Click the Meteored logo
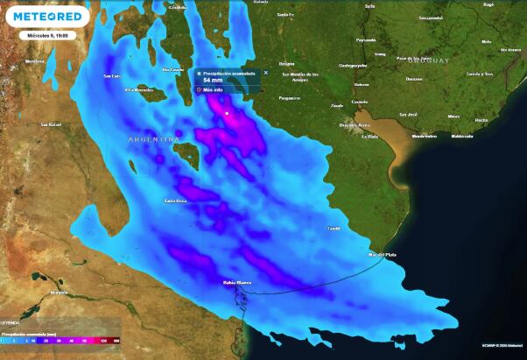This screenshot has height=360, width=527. click(48, 17)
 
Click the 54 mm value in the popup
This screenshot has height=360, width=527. click(214, 80)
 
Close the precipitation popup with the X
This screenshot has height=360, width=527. click(266, 73)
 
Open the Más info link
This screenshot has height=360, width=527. click(213, 89)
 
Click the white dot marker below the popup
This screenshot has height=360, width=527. click(226, 113)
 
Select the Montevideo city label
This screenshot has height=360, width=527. click(424, 136)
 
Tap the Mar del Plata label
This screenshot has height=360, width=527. click(383, 254)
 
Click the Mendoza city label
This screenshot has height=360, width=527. click(34, 61)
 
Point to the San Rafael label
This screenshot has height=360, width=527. click(50, 124)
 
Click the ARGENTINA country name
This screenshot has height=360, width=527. click(154, 139)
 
